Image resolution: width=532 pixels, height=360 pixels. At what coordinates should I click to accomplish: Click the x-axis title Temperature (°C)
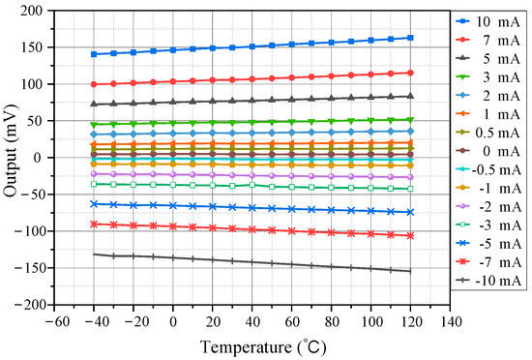pyautogui.click(x=252, y=345)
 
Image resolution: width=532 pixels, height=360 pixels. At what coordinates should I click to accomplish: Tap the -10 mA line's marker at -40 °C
pyautogui.click(x=95, y=255)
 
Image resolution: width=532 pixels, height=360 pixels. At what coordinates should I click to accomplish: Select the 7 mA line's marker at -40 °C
pyautogui.click(x=95, y=84)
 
